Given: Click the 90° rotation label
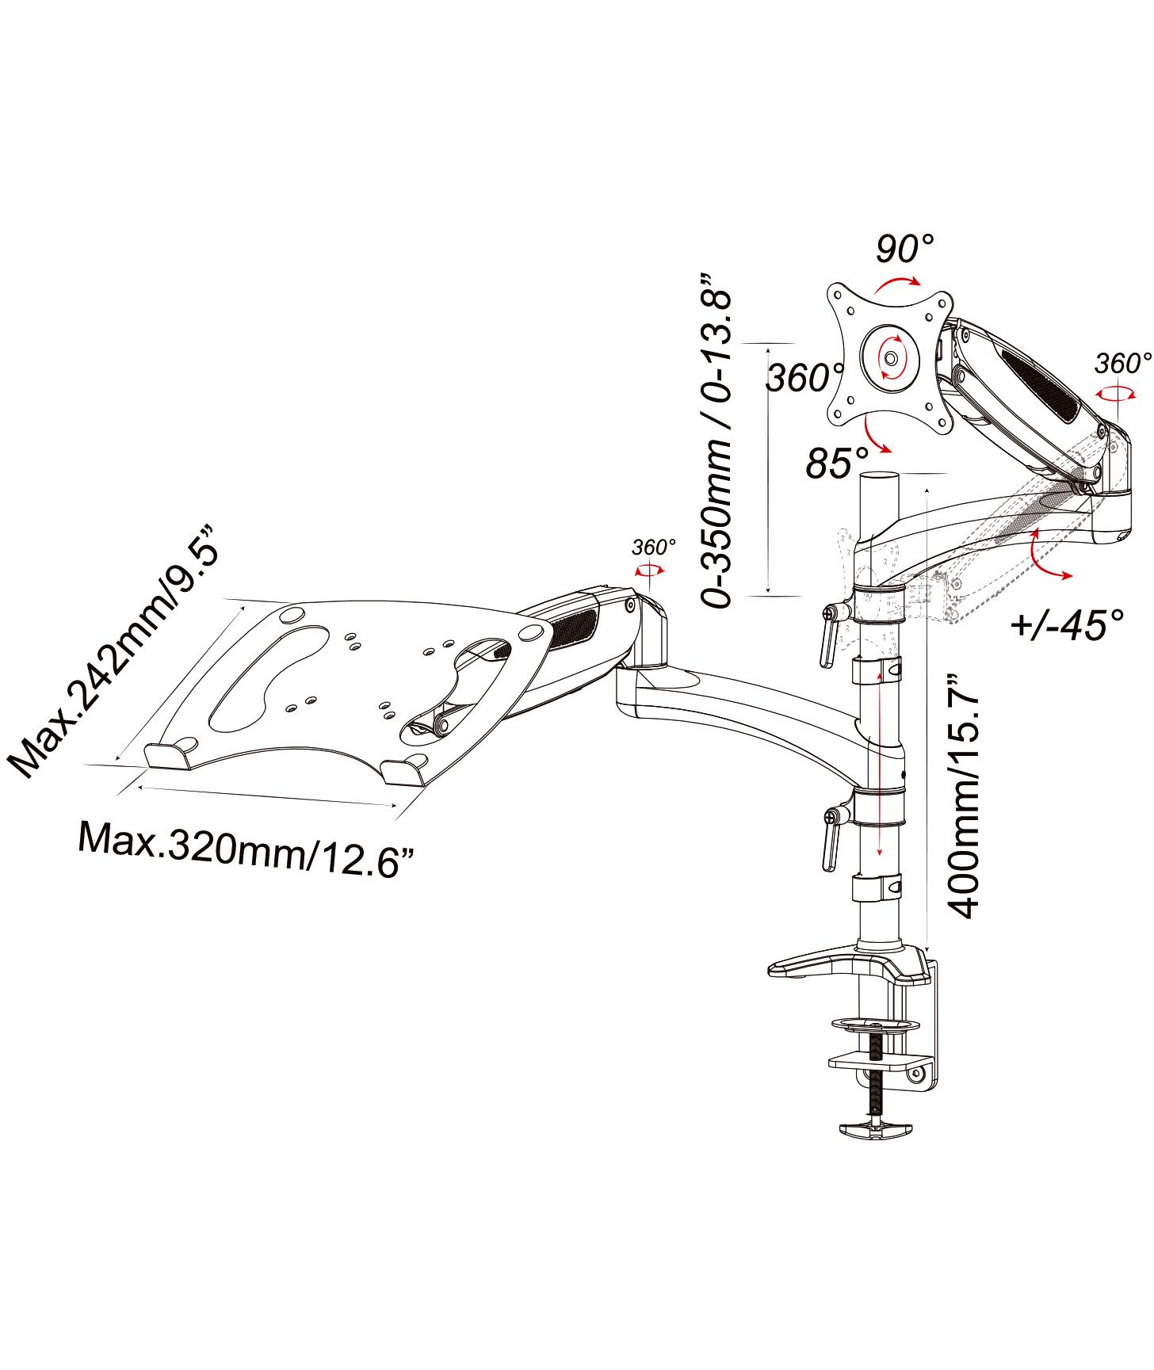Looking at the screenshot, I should click(905, 249).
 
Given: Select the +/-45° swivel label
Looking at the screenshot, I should click(1068, 624).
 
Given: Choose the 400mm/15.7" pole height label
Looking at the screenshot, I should click(964, 797).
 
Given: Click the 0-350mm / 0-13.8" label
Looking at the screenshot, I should click(717, 441).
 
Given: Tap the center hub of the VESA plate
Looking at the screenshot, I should click(890, 358).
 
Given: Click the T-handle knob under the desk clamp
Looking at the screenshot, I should click(876, 1129).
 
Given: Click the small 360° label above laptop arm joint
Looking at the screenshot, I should click(654, 547).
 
